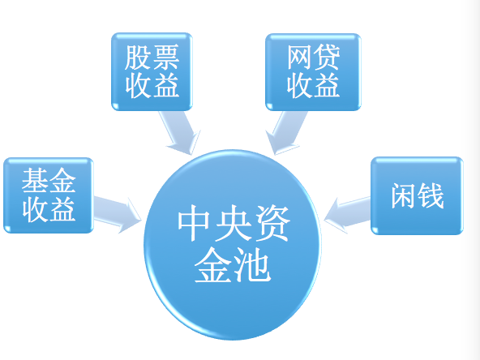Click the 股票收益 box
pyautogui.click(x=152, y=71)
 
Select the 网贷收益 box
pyautogui.click(x=313, y=72)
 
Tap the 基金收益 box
pyautogui.click(x=49, y=195)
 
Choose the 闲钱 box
pyautogui.click(x=417, y=196)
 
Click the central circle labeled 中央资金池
pyautogui.click(x=233, y=244)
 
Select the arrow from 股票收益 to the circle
pyautogui.click(x=181, y=132)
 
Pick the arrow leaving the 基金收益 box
pyautogui.click(x=117, y=214)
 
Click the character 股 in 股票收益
pyautogui.click(x=138, y=58)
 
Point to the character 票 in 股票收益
pyautogui.click(x=165, y=58)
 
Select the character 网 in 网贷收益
pyautogui.click(x=300, y=58)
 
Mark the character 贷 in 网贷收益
pyautogui.click(x=327, y=58)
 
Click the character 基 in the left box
pyautogui.click(x=34, y=180)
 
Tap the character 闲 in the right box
pyautogui.click(x=404, y=196)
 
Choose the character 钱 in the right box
pyautogui.click(x=431, y=196)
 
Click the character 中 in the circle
pyautogui.click(x=194, y=222)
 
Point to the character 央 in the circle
pyautogui.click(x=233, y=222)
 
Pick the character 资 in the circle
pyautogui.click(x=272, y=222)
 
